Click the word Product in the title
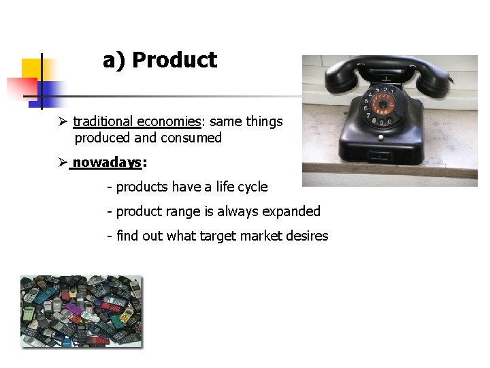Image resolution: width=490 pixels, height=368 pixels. pyautogui.click(x=174, y=61)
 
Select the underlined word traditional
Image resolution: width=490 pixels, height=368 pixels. pyautogui.click(x=103, y=122)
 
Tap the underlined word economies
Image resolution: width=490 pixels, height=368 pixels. pyautogui.click(x=168, y=122)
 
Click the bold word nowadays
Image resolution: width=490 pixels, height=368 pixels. pyautogui.click(x=107, y=163)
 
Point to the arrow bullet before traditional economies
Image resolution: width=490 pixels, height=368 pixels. pyautogui.click(x=63, y=122)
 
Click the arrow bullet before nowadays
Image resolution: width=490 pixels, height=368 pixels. pyautogui.click(x=63, y=163)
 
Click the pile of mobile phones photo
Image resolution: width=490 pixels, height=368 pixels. pyautogui.click(x=82, y=311)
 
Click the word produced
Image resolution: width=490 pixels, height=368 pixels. pyautogui.click(x=103, y=138)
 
